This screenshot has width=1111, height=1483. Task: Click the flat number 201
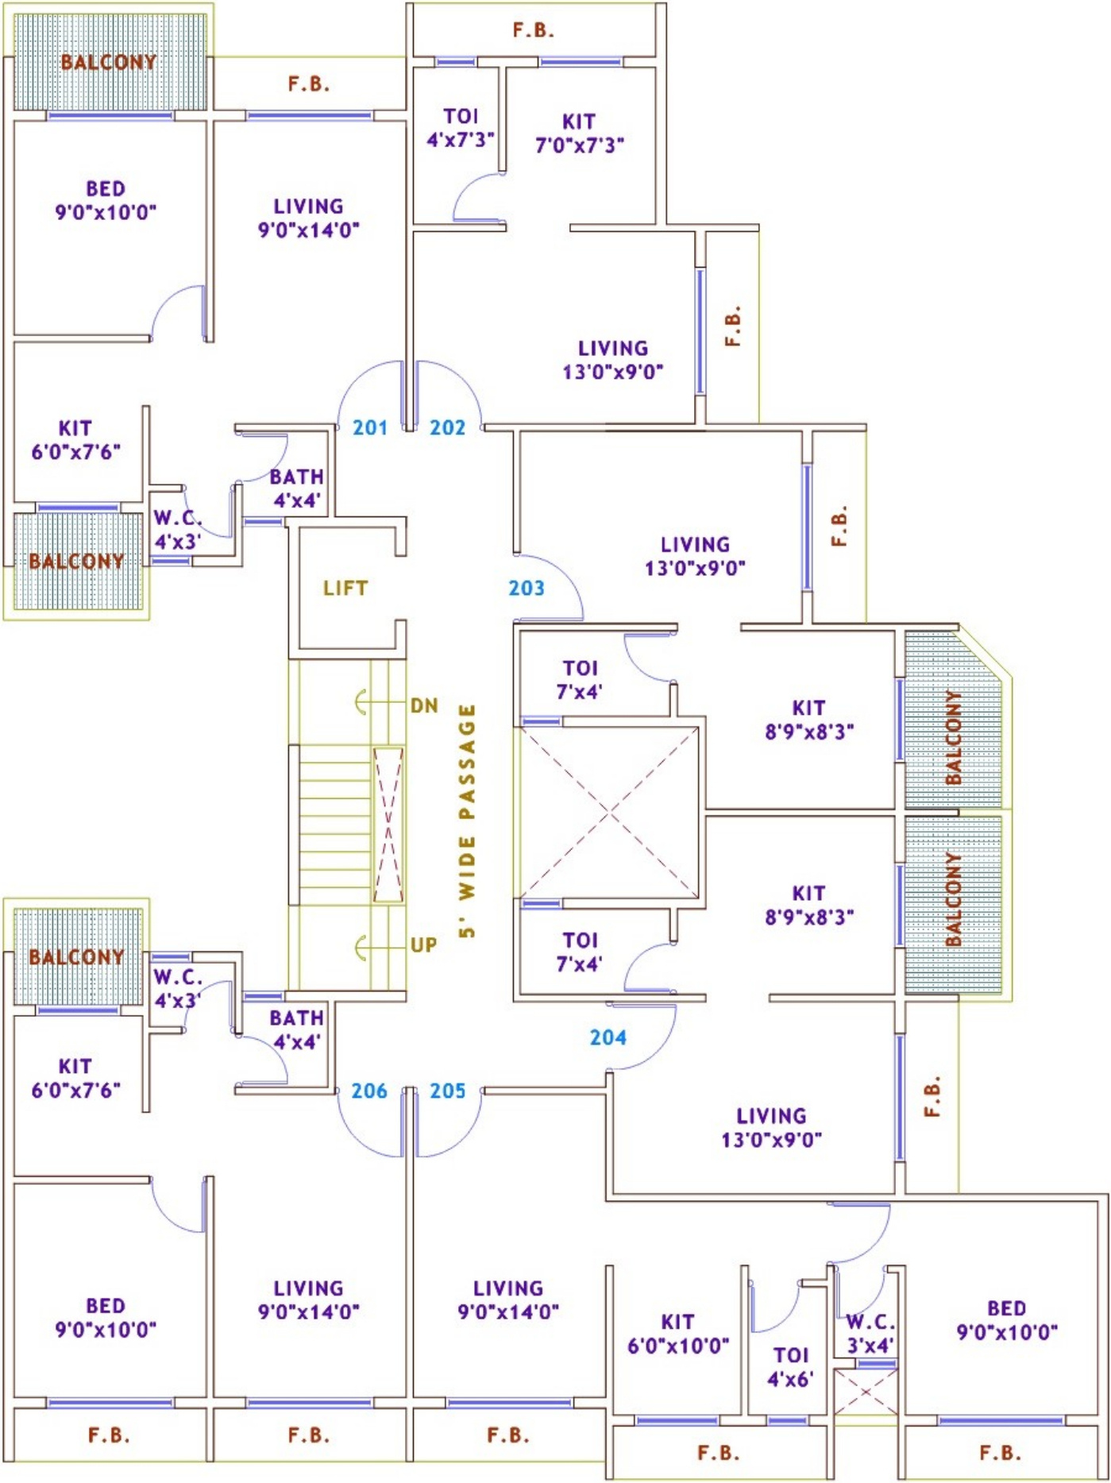(370, 427)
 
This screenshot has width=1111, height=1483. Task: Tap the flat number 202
(447, 427)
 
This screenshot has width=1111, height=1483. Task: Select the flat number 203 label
(527, 588)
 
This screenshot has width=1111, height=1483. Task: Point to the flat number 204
(608, 1037)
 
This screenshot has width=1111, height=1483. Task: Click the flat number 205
(447, 1091)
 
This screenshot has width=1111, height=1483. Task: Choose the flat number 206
(369, 1091)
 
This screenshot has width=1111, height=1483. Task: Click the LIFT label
(345, 588)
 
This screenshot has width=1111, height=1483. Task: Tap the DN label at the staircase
(424, 705)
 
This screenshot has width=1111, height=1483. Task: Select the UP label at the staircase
(423, 944)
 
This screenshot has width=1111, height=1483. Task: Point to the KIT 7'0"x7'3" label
(579, 133)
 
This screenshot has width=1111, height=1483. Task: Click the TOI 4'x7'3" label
(461, 128)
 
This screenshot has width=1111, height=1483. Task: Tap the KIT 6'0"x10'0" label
(678, 1334)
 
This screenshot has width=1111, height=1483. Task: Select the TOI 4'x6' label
(791, 1367)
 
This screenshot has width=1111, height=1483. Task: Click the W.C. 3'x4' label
(870, 1334)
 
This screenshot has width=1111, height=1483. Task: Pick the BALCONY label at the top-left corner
(109, 62)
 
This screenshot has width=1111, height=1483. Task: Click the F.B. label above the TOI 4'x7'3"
(533, 30)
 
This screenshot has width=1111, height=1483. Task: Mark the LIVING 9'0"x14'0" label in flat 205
(508, 1300)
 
